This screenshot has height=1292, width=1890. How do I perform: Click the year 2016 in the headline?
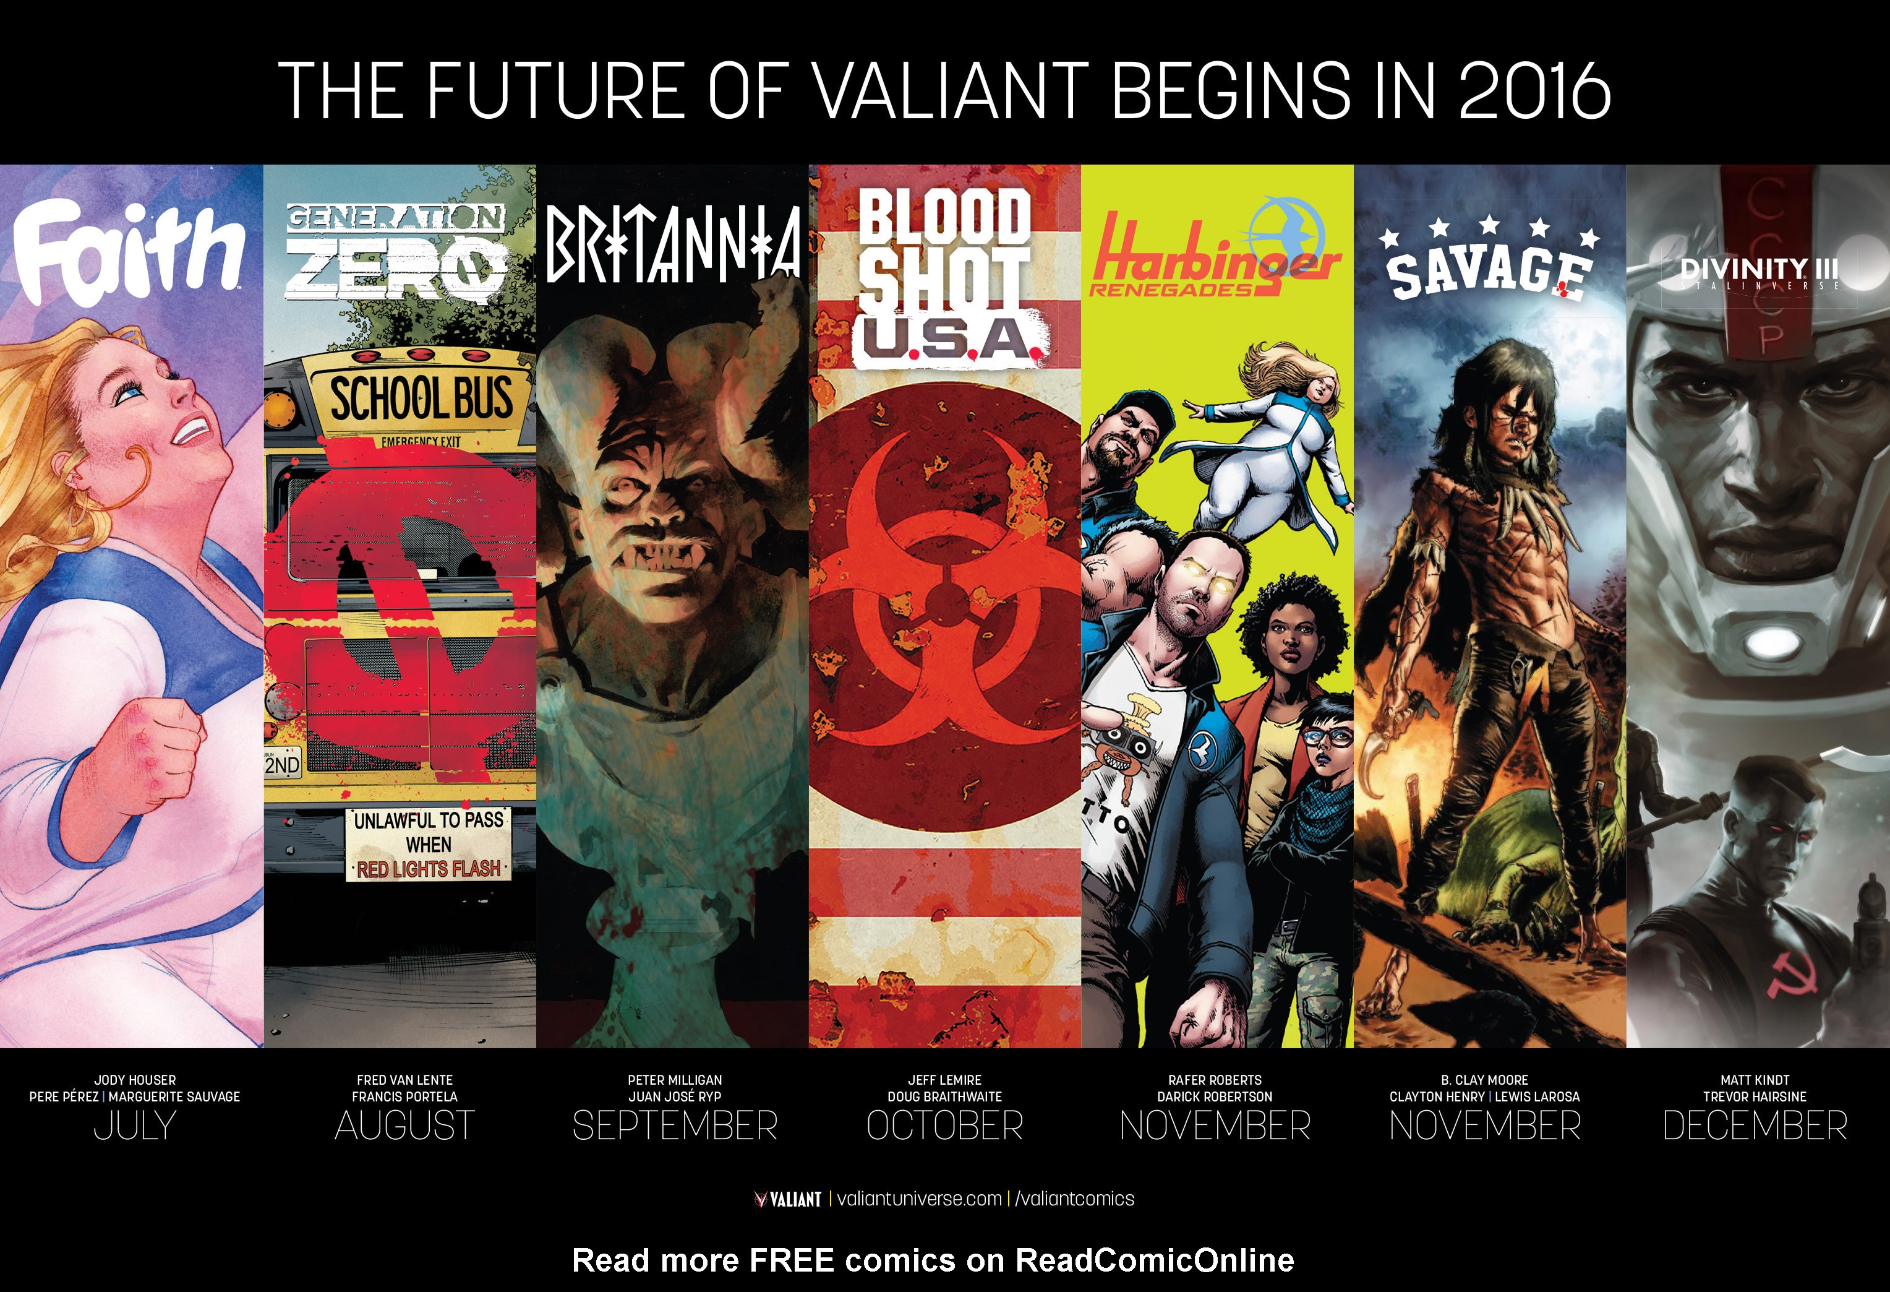click(1534, 90)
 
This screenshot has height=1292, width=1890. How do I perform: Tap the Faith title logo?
click(129, 251)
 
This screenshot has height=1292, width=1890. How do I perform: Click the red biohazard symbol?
click(943, 586)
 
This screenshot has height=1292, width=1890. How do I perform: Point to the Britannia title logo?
click(673, 243)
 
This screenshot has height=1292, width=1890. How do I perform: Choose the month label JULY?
click(135, 1126)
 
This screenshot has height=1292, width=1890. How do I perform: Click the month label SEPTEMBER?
click(675, 1126)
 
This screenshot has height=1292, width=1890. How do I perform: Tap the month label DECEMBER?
click(1755, 1126)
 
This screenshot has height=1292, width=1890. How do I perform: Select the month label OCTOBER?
click(945, 1126)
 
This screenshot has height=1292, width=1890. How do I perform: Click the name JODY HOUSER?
click(135, 1080)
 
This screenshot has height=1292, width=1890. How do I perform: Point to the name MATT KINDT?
click(1755, 1080)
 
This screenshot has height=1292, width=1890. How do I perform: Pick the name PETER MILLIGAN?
click(675, 1080)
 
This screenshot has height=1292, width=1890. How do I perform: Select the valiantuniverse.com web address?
click(919, 1199)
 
